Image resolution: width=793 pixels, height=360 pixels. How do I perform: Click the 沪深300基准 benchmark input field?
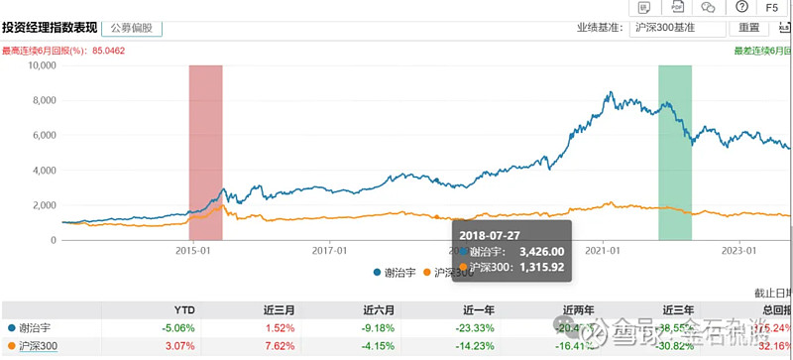point(677,28)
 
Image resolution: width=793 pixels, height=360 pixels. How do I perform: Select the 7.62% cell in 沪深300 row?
point(283,347)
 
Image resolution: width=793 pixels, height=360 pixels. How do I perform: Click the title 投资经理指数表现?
point(47,28)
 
